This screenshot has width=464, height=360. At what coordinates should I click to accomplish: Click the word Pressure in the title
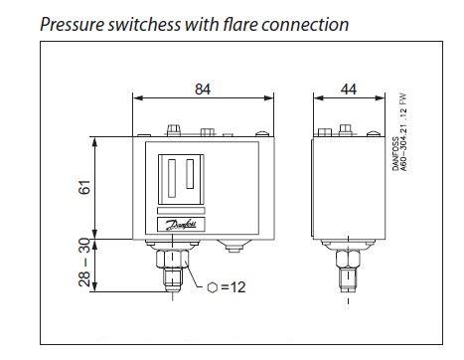pos(73,25)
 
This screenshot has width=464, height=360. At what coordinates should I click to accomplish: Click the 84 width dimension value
pos(203,89)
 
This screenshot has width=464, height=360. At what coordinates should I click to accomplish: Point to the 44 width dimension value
pos(349,89)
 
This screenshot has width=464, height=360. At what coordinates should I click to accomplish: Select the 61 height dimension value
pos(84,187)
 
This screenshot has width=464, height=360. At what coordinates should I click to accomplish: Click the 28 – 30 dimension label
pos(84,263)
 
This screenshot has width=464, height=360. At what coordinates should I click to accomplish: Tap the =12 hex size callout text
pos(233,287)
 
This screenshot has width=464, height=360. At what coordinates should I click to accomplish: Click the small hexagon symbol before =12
pos(213,287)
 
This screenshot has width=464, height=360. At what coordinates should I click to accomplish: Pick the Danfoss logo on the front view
pos(181,225)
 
